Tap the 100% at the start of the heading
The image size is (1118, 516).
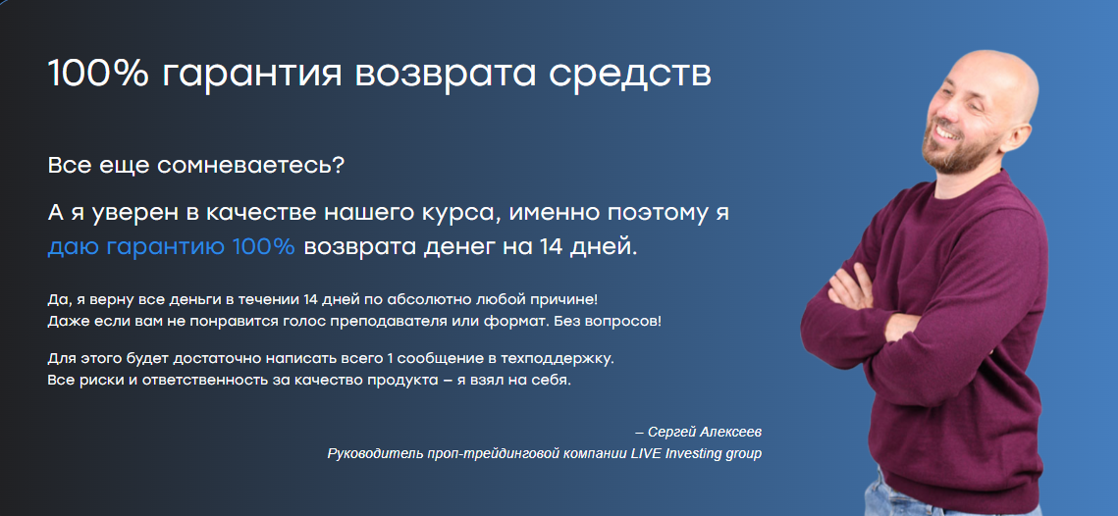pyautogui.click(x=98, y=73)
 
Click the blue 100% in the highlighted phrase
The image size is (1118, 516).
pyautogui.click(x=263, y=246)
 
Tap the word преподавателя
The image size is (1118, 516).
pyautogui.click(x=402, y=321)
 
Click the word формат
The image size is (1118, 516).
pyautogui.click(x=513, y=321)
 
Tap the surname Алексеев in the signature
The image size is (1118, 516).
pyautogui.click(x=730, y=433)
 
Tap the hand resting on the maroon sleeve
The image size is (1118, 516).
pyautogui.click(x=852, y=285)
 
